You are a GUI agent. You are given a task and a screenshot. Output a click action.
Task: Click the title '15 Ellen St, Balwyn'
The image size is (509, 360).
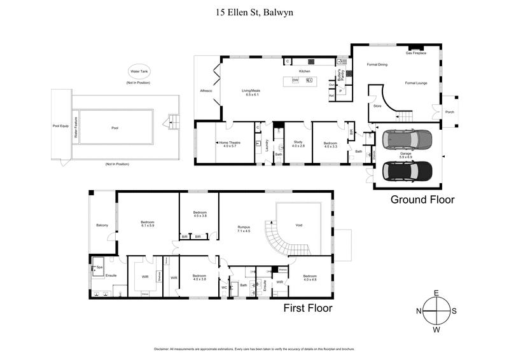pyautogui.click(x=254, y=11)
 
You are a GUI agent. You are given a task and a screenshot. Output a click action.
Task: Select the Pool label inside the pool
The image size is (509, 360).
pyautogui.click(x=115, y=128)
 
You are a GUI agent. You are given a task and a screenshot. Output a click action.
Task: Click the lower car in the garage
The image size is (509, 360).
pyautogui.click(x=407, y=170)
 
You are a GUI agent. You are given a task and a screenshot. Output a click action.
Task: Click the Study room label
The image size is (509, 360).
pyautogui.click(x=298, y=144)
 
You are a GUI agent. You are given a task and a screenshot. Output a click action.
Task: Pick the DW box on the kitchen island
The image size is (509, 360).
pyautogui.click(x=295, y=81)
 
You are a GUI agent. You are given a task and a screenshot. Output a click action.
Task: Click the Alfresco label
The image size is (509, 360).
pyautogui.click(x=206, y=91)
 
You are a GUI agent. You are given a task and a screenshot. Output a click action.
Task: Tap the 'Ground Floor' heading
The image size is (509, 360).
pyautogui.click(x=422, y=200)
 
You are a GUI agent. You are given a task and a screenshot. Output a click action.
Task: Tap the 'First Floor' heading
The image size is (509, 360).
pyautogui.click(x=307, y=308)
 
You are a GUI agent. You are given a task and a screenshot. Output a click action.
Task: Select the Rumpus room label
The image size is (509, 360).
pyautogui.click(x=244, y=229)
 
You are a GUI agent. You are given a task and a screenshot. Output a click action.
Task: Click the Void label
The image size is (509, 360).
pyautogui.click(x=298, y=225)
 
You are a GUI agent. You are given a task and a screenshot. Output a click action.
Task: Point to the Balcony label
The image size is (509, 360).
pyautogui.click(x=102, y=225)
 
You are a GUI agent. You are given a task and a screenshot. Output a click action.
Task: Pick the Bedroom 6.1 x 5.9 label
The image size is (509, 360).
pyautogui.click(x=148, y=224)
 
